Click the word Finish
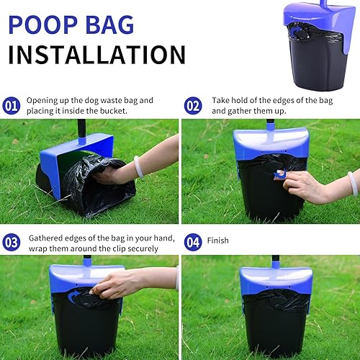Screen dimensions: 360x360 [x=219, y=240]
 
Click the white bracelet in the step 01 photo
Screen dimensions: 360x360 [x=137, y=166]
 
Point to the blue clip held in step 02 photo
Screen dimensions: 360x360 [x=279, y=174]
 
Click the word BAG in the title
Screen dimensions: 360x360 [x=109, y=23]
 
